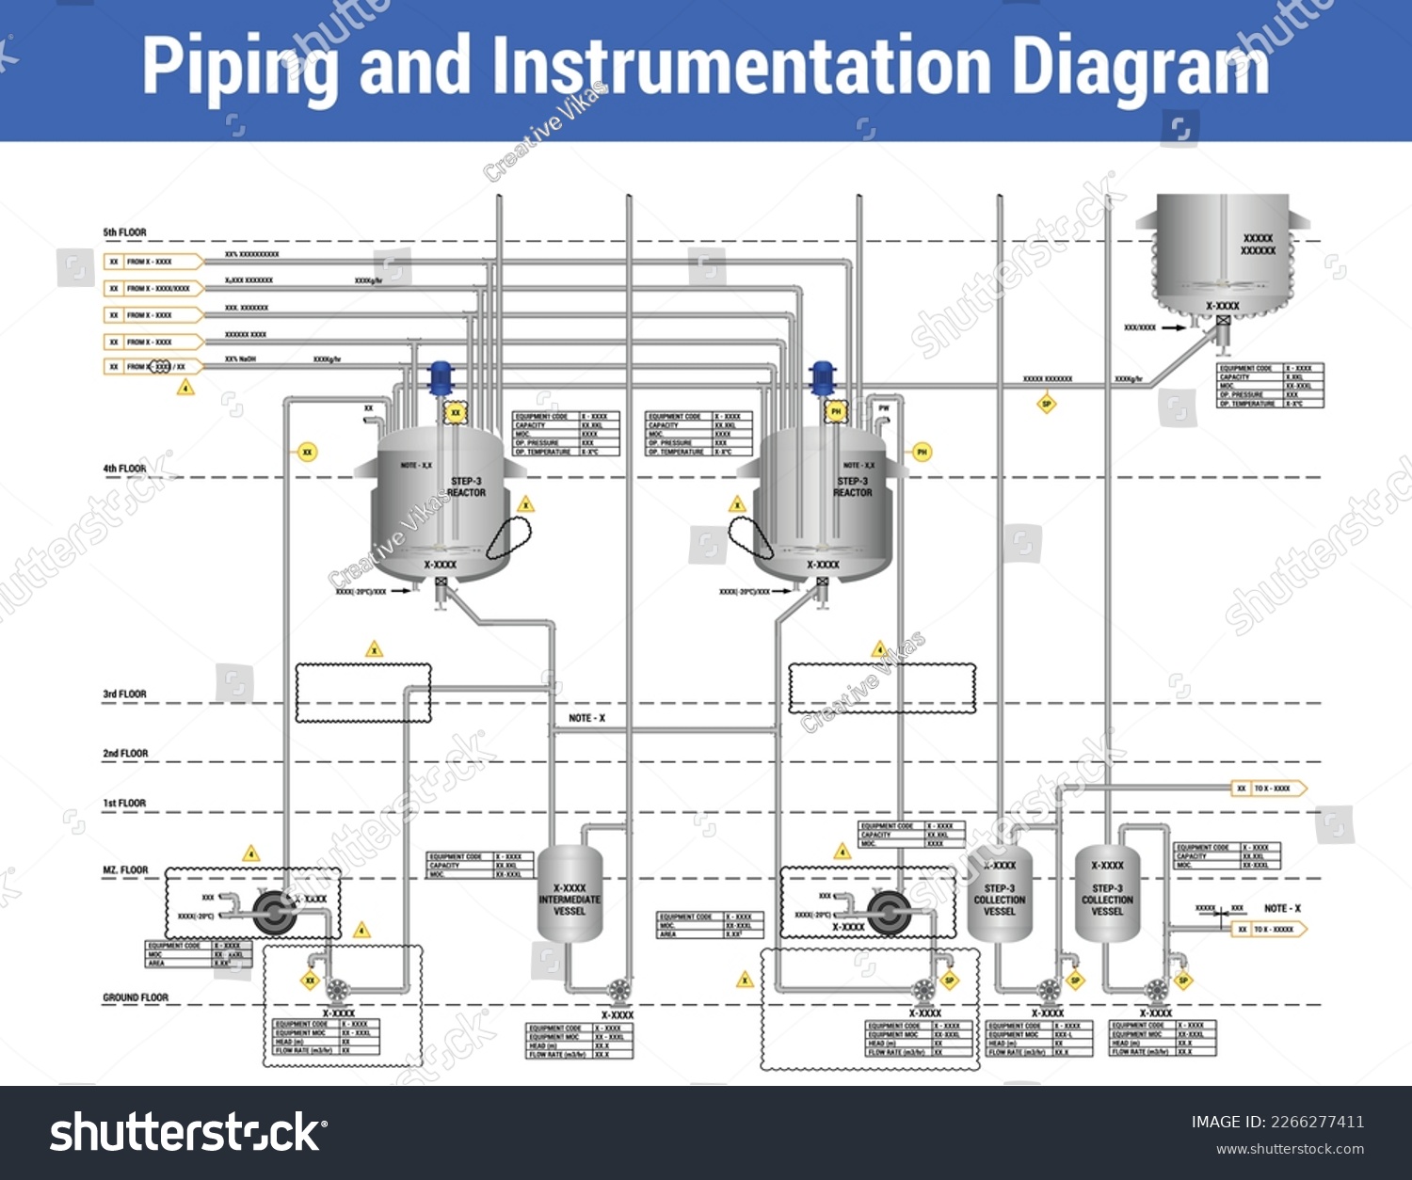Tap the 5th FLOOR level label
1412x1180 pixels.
pyautogui.click(x=124, y=232)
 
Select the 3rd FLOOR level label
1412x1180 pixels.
pyautogui.click(x=124, y=694)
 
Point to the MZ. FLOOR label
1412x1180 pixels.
pyautogui.click(x=125, y=870)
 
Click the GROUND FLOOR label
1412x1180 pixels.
pyautogui.click(x=136, y=997)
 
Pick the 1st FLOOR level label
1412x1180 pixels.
pyautogui.click(x=124, y=804)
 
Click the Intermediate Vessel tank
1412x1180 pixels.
pyautogui.click(x=570, y=894)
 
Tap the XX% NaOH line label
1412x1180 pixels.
pyautogui.click(x=240, y=359)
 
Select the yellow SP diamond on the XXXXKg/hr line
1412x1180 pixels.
pyautogui.click(x=1046, y=405)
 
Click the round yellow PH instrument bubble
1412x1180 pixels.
pyautogui.click(x=922, y=453)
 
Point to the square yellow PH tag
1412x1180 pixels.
pyautogui.click(x=835, y=411)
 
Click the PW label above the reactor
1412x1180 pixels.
pyautogui.click(x=883, y=408)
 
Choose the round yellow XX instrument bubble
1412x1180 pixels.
pyautogui.click(x=307, y=453)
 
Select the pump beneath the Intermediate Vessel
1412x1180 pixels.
pyautogui.click(x=618, y=990)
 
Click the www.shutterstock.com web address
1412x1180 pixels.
pyautogui.click(x=1290, y=1149)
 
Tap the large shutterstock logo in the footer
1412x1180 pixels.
pyautogui.click(x=188, y=1132)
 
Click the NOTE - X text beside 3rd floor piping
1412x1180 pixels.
pyautogui.click(x=586, y=718)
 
